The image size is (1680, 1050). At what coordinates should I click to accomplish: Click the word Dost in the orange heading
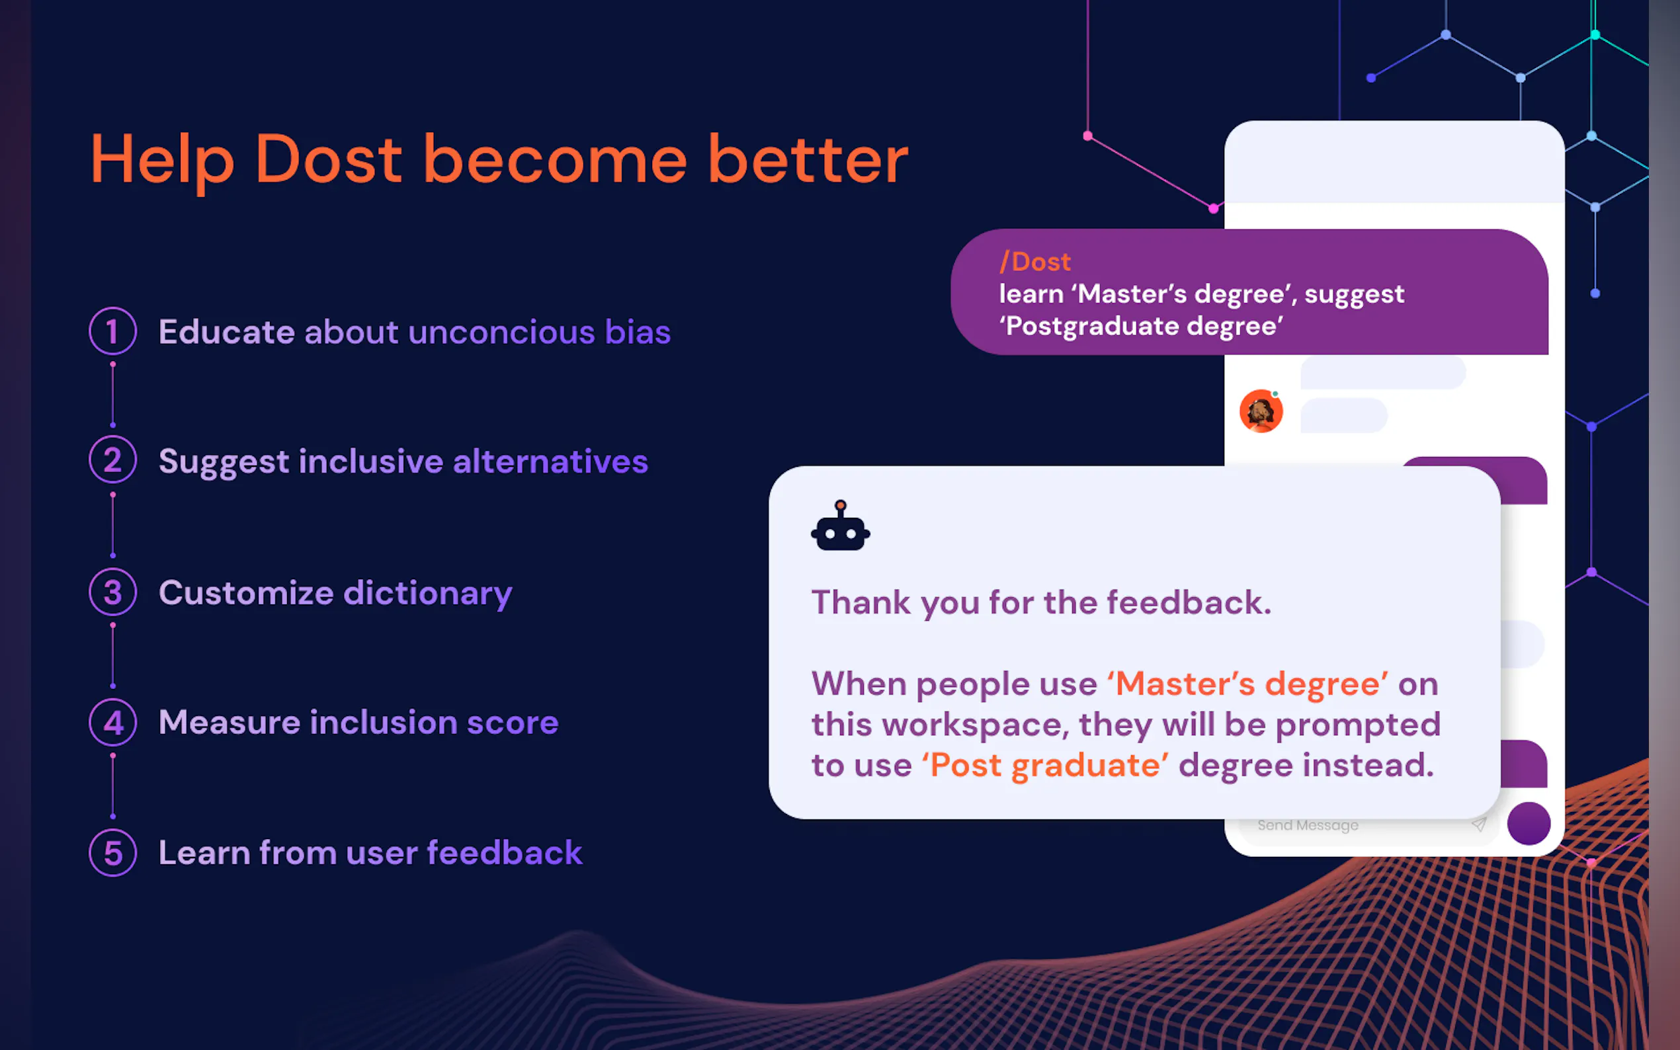click(329, 159)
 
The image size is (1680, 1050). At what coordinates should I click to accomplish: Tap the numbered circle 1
click(112, 331)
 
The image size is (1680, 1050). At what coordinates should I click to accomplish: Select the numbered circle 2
click(112, 460)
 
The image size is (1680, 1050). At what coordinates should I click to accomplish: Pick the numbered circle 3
click(112, 592)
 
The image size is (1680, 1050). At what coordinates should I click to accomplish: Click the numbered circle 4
click(112, 722)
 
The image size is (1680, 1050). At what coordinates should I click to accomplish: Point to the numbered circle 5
click(112, 853)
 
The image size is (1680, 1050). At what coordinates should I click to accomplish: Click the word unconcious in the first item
click(501, 332)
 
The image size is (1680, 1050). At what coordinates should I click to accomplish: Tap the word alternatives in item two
click(551, 461)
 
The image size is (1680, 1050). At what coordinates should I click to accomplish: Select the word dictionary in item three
click(428, 594)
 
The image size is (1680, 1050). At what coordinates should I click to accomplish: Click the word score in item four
click(513, 723)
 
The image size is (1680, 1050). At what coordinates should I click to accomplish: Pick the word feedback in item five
click(505, 852)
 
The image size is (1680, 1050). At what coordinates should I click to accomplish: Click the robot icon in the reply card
click(841, 526)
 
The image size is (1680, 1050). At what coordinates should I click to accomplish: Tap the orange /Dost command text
click(1035, 262)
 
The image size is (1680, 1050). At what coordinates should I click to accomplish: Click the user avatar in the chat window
click(1261, 411)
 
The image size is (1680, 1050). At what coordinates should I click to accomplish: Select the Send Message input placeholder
click(1308, 825)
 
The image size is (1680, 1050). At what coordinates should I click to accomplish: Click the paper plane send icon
click(1478, 825)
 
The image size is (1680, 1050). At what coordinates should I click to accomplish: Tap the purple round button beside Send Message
click(1529, 823)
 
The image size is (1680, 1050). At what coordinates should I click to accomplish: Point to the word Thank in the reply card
click(861, 602)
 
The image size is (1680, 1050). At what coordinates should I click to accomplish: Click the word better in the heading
click(808, 161)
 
